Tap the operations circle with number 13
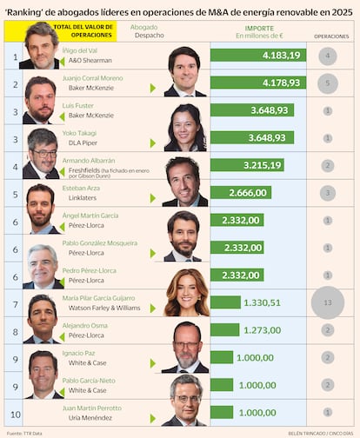coord(327,302)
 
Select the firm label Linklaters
coord(83,197)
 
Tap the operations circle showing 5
coord(327,83)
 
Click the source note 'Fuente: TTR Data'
coord(24,433)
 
